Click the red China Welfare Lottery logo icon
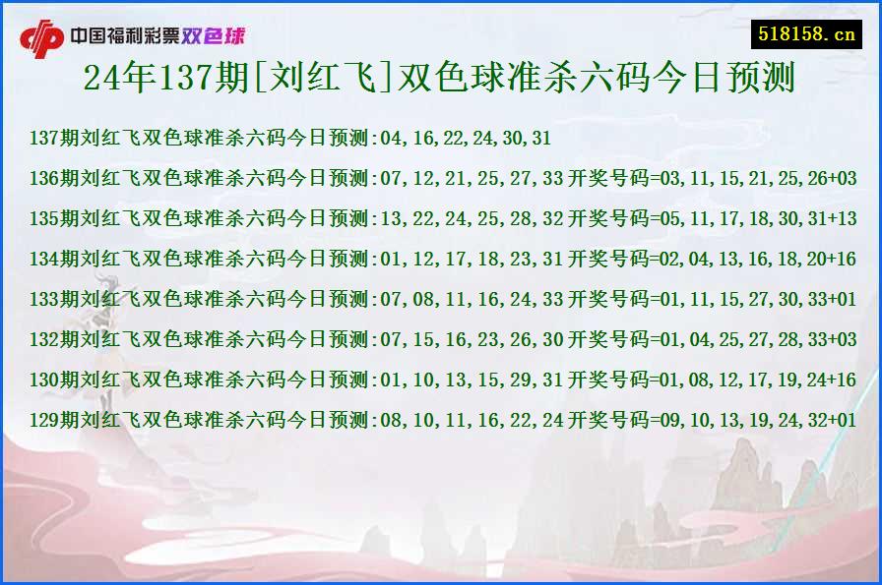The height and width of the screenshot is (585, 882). (x=41, y=38)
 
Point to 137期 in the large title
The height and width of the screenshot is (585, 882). (x=180, y=78)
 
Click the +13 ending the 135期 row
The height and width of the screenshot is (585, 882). (x=842, y=218)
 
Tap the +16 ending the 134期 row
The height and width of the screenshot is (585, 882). (x=842, y=259)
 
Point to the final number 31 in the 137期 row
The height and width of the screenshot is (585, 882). (x=540, y=138)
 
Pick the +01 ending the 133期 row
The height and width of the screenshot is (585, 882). (x=842, y=299)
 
